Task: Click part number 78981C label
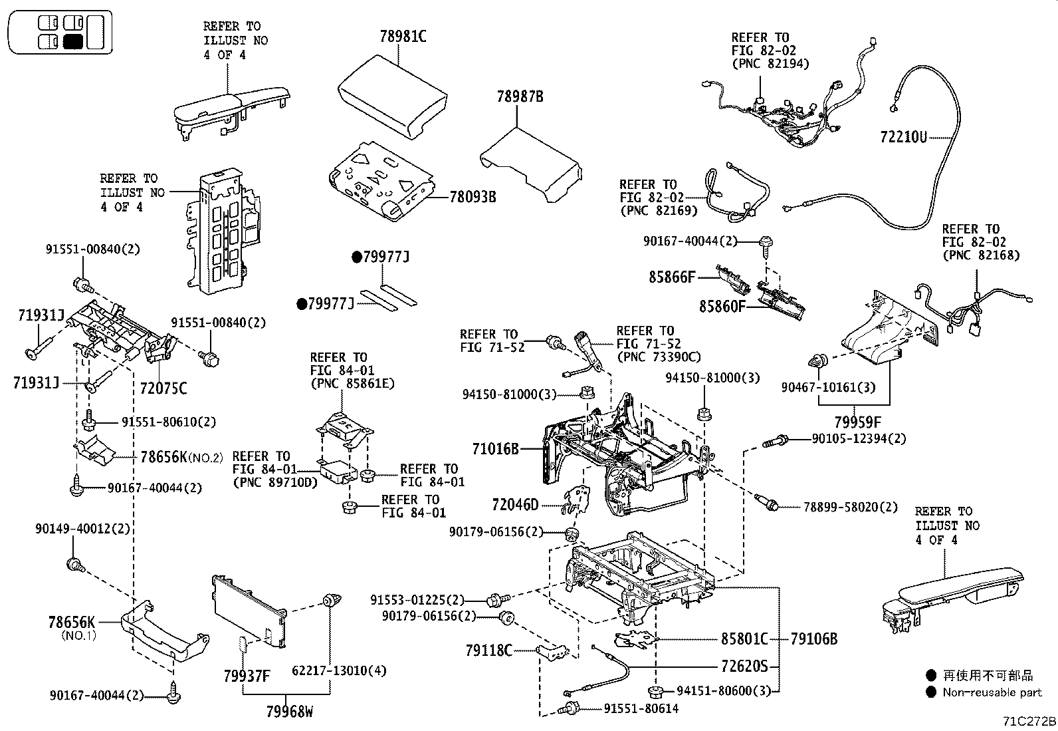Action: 403,37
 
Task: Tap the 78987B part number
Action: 520,96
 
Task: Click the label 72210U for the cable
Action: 903,137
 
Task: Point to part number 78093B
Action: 473,197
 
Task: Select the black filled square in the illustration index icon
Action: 73,43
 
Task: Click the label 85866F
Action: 672,277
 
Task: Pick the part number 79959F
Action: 857,422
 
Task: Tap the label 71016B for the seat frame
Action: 495,449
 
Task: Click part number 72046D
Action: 515,505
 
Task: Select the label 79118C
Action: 488,650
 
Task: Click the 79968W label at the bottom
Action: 289,712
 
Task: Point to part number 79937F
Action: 247,676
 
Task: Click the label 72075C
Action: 163,388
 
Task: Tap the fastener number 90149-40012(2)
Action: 82,529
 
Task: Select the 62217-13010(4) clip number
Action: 339,670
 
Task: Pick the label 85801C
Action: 744,639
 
